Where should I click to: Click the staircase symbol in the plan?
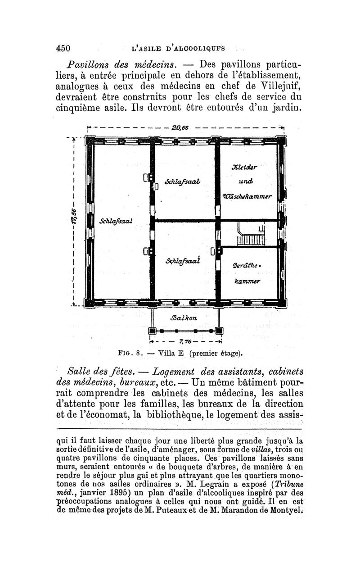pyautogui.click(x=250, y=234)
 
